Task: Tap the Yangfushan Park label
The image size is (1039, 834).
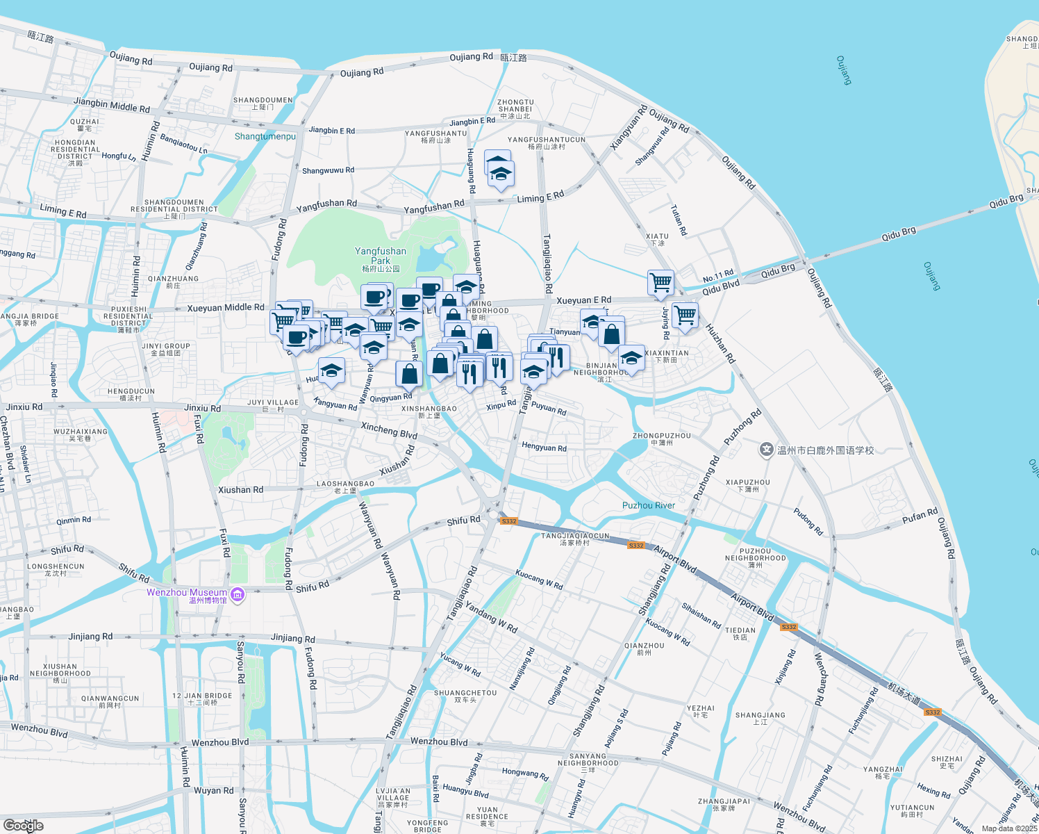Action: (381, 256)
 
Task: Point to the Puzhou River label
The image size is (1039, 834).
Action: (649, 505)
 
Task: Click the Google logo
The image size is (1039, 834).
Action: (24, 826)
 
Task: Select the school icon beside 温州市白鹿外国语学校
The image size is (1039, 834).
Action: (766, 450)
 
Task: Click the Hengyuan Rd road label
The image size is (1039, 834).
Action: (544, 447)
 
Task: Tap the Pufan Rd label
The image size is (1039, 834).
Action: (920, 517)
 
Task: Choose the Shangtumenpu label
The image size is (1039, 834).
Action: (265, 136)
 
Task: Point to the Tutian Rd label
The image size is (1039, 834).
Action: (679, 220)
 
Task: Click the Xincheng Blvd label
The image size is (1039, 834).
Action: (389, 430)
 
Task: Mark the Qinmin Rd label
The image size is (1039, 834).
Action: (74, 520)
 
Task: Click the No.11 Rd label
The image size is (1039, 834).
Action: (718, 276)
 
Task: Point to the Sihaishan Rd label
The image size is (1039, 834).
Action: (701, 616)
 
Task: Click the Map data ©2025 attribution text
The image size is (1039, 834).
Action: (1009, 828)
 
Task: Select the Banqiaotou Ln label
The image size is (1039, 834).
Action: (183, 144)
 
